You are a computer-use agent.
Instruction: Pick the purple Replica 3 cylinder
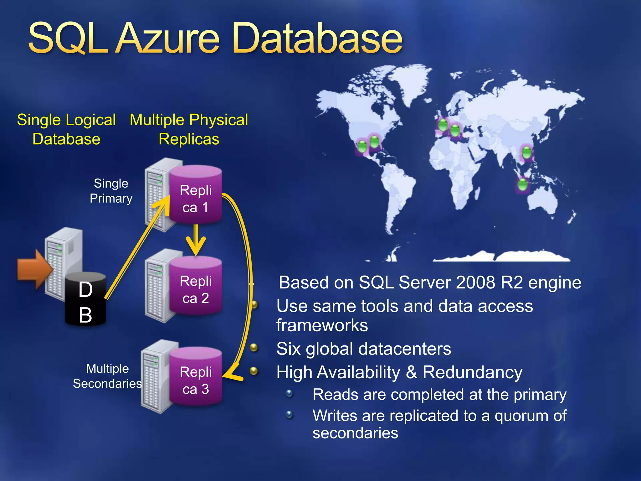(196, 377)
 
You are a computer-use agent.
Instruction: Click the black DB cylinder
(85, 301)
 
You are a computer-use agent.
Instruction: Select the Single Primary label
(111, 191)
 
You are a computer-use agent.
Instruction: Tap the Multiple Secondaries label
(107, 376)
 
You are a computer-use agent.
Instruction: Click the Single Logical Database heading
(66, 129)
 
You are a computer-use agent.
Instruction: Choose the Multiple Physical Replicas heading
(189, 129)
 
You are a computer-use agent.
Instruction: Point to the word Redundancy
(472, 373)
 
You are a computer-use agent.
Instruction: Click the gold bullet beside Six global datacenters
(254, 348)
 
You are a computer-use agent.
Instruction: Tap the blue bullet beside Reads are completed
(290, 393)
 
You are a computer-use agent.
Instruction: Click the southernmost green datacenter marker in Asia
(522, 185)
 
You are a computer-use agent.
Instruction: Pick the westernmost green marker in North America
(362, 147)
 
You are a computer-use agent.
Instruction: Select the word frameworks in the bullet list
(322, 325)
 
